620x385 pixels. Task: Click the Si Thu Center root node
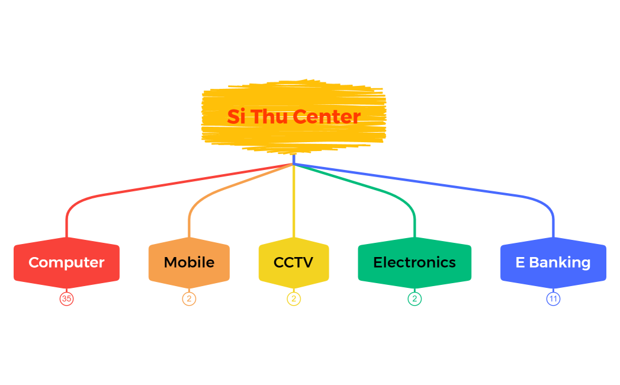click(294, 116)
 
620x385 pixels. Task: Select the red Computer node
click(66, 262)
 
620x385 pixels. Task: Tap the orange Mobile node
click(189, 262)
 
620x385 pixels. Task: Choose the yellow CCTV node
click(294, 262)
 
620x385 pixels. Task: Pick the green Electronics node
click(415, 262)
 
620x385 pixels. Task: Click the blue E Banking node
click(553, 262)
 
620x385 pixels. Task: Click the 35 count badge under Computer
click(66, 299)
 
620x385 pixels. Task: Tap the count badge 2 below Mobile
click(189, 299)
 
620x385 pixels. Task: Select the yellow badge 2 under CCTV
click(294, 299)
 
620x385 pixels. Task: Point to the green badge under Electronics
click(415, 299)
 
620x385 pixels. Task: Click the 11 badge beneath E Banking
click(553, 299)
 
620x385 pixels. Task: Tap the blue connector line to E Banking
click(450, 185)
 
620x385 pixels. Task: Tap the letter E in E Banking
click(520, 262)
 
